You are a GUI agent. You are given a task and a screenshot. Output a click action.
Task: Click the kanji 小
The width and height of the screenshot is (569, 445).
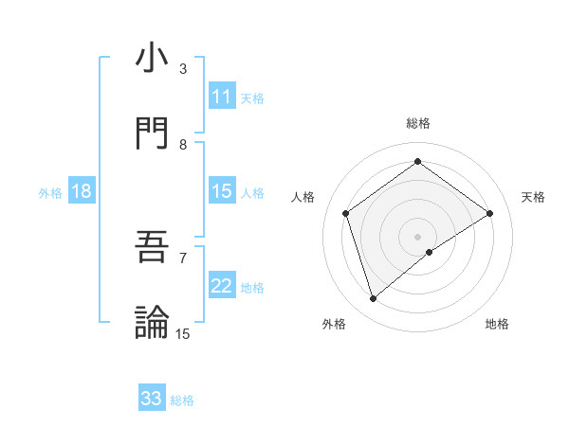(x=153, y=59)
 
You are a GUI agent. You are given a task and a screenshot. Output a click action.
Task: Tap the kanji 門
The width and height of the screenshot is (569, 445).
(x=153, y=133)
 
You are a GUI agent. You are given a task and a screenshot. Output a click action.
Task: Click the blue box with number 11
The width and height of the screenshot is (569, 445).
(x=222, y=97)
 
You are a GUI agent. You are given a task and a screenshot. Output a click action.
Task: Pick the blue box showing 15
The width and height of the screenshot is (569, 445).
(x=222, y=191)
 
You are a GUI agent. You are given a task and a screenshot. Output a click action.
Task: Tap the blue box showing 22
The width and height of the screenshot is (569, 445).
(x=222, y=286)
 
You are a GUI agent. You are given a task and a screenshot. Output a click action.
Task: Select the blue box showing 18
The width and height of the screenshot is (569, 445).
(x=82, y=191)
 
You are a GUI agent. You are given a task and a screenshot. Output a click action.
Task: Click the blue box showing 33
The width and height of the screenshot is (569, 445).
(x=152, y=399)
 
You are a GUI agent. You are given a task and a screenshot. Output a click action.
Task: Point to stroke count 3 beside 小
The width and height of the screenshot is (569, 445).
(x=183, y=69)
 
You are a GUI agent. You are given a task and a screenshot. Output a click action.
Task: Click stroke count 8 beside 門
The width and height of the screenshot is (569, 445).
(x=183, y=144)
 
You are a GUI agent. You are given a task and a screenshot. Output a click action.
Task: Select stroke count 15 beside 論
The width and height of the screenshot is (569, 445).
(x=183, y=333)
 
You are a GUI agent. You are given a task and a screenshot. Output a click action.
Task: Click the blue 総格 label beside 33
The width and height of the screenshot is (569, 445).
(x=183, y=400)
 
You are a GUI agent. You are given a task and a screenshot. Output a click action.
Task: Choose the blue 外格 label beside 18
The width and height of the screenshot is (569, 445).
(x=50, y=193)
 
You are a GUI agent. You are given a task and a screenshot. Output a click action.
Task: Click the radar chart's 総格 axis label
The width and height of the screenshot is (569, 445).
(x=418, y=123)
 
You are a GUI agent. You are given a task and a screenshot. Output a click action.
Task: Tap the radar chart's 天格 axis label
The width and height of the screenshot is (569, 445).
(x=534, y=197)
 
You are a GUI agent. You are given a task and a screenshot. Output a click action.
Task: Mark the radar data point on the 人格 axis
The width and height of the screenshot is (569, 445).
(x=346, y=213)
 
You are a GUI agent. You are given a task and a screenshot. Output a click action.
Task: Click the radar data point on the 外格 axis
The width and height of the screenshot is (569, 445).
(x=373, y=299)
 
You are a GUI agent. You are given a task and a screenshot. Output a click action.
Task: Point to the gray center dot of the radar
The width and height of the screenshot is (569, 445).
(x=418, y=236)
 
